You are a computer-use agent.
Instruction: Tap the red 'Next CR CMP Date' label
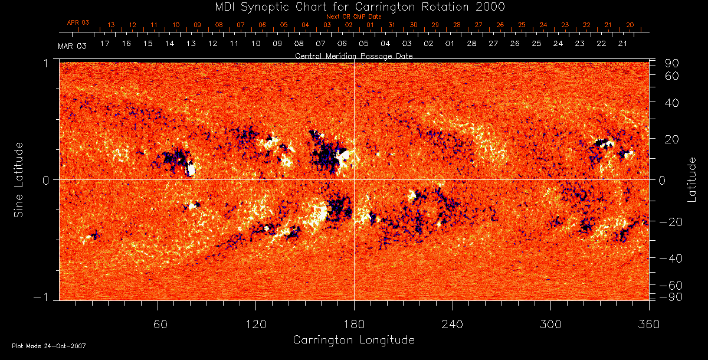(354, 17)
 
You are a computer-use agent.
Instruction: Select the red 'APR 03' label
(78, 22)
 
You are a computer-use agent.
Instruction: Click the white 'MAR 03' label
(73, 46)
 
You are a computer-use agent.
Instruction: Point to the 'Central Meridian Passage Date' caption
(353, 55)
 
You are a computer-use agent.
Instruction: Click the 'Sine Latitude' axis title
(19, 179)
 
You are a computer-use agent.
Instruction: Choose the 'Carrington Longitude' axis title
(353, 340)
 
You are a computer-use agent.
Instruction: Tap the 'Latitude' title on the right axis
(692, 179)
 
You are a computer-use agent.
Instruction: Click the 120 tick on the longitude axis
(255, 324)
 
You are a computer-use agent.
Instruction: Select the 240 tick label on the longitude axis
(453, 324)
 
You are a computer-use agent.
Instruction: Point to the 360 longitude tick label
(649, 324)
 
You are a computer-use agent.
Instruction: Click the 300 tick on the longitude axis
(550, 324)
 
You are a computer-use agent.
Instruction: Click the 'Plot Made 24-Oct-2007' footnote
(49, 346)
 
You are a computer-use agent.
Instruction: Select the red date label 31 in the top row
(392, 25)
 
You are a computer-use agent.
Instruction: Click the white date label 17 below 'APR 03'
(105, 44)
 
